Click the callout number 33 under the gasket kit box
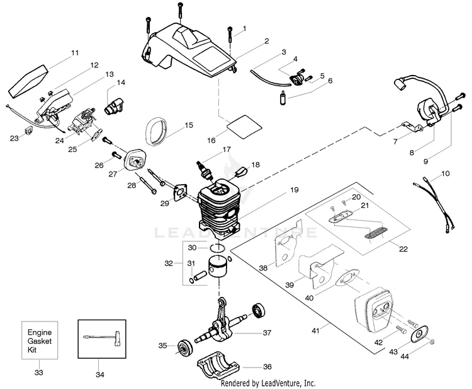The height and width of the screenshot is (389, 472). coord(39,373)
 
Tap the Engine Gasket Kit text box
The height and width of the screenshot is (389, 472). coord(39,341)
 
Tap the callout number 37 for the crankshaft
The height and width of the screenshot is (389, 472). coord(266,332)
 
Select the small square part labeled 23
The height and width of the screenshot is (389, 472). coord(27,131)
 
